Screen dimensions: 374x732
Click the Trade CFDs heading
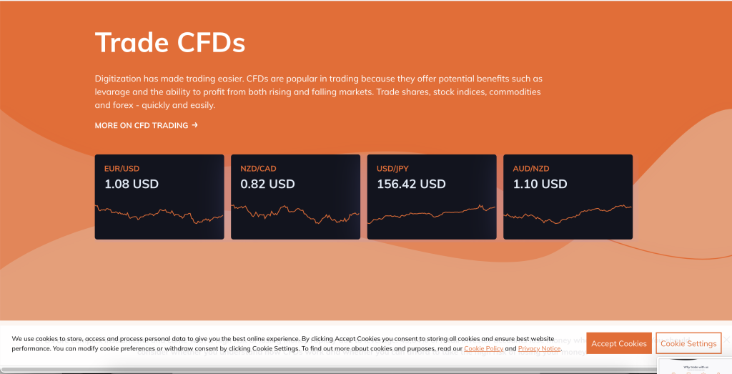169,43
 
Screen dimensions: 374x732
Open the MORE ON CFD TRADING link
142,126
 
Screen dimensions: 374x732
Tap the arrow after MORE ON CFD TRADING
194,125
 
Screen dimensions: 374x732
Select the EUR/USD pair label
122,169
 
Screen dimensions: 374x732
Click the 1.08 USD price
132,184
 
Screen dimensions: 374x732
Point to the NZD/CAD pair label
258,169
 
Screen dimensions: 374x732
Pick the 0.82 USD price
267,184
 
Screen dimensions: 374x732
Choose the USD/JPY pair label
394,169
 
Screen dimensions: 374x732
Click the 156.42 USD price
411,184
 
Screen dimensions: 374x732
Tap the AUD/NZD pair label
531,169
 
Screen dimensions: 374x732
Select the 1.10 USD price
540,184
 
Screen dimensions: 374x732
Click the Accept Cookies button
619,343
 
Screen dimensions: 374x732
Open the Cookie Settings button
688,343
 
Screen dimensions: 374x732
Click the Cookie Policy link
484,349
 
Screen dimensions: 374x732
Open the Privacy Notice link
539,349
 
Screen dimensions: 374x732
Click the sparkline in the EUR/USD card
159,214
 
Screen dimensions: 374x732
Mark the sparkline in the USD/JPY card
431,212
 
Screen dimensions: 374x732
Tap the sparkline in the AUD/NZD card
568,212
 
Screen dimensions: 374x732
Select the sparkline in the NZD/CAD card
295,213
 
